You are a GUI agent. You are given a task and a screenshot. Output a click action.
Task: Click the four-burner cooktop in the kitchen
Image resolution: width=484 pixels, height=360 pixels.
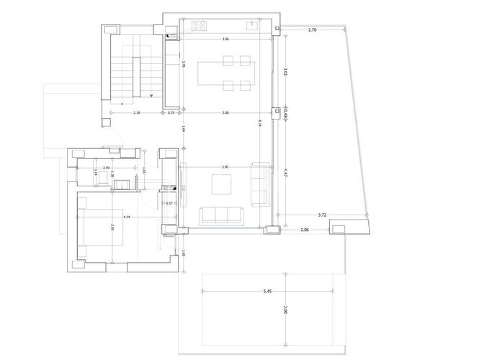click(x=199, y=27)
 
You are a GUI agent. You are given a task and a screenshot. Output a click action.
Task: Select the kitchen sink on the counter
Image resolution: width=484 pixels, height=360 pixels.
click(x=252, y=27)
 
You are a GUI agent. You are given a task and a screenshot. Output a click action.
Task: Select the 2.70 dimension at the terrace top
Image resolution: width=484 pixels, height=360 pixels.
click(x=313, y=30)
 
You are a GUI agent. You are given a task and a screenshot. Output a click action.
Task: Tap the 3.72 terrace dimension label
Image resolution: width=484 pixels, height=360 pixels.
click(x=323, y=215)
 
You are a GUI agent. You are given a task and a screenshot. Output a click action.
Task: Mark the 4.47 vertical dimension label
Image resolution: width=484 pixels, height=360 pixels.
click(x=286, y=172)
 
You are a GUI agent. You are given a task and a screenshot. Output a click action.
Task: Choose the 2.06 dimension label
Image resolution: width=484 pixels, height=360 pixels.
click(x=304, y=230)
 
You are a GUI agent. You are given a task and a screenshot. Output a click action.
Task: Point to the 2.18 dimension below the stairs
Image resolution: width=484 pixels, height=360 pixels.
click(x=135, y=113)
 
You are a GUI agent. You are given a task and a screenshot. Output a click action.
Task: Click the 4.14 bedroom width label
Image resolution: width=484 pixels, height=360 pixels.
click(x=127, y=217)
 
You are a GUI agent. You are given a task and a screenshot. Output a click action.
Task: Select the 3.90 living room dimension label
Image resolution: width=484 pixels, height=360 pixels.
click(x=225, y=167)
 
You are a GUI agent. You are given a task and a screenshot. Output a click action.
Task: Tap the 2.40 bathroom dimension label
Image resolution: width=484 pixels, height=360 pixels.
click(x=106, y=168)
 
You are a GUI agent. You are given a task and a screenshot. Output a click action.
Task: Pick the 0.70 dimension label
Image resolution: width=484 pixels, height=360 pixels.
click(x=171, y=113)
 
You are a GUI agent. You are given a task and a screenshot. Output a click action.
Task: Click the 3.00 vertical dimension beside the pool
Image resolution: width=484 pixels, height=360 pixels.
click(x=286, y=311)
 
